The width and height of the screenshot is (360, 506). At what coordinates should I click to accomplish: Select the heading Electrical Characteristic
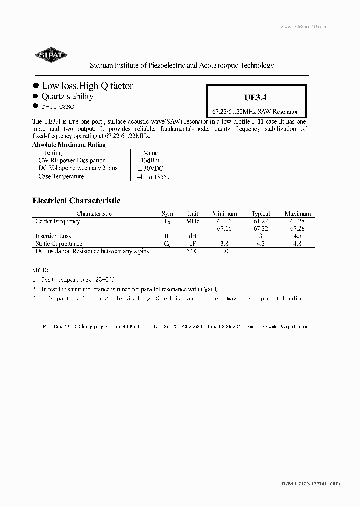[x=76, y=200]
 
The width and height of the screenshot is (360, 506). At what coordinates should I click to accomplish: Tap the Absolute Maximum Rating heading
[x=69, y=145]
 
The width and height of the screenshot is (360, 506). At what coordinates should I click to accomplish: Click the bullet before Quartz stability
[x=35, y=96]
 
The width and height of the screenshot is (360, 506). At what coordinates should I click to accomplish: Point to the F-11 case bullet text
[x=57, y=106]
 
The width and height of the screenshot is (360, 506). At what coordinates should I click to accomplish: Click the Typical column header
[x=261, y=214]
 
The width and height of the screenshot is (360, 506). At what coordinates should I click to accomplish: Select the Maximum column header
[x=297, y=214]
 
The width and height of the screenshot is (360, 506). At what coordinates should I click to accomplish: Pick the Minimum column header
[x=224, y=214]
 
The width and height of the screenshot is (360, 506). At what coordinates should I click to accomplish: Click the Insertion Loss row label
[x=53, y=236]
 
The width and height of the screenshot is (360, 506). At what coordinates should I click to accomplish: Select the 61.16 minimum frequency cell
[x=224, y=221]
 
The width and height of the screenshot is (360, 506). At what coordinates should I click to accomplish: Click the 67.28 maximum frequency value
[x=297, y=228]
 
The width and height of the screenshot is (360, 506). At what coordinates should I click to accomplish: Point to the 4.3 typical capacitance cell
[x=261, y=244]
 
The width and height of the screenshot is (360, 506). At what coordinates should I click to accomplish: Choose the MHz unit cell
[x=192, y=221]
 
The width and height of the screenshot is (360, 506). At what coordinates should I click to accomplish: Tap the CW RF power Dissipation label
[x=72, y=161]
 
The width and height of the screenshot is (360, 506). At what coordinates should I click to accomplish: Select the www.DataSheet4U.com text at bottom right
[x=310, y=483]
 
